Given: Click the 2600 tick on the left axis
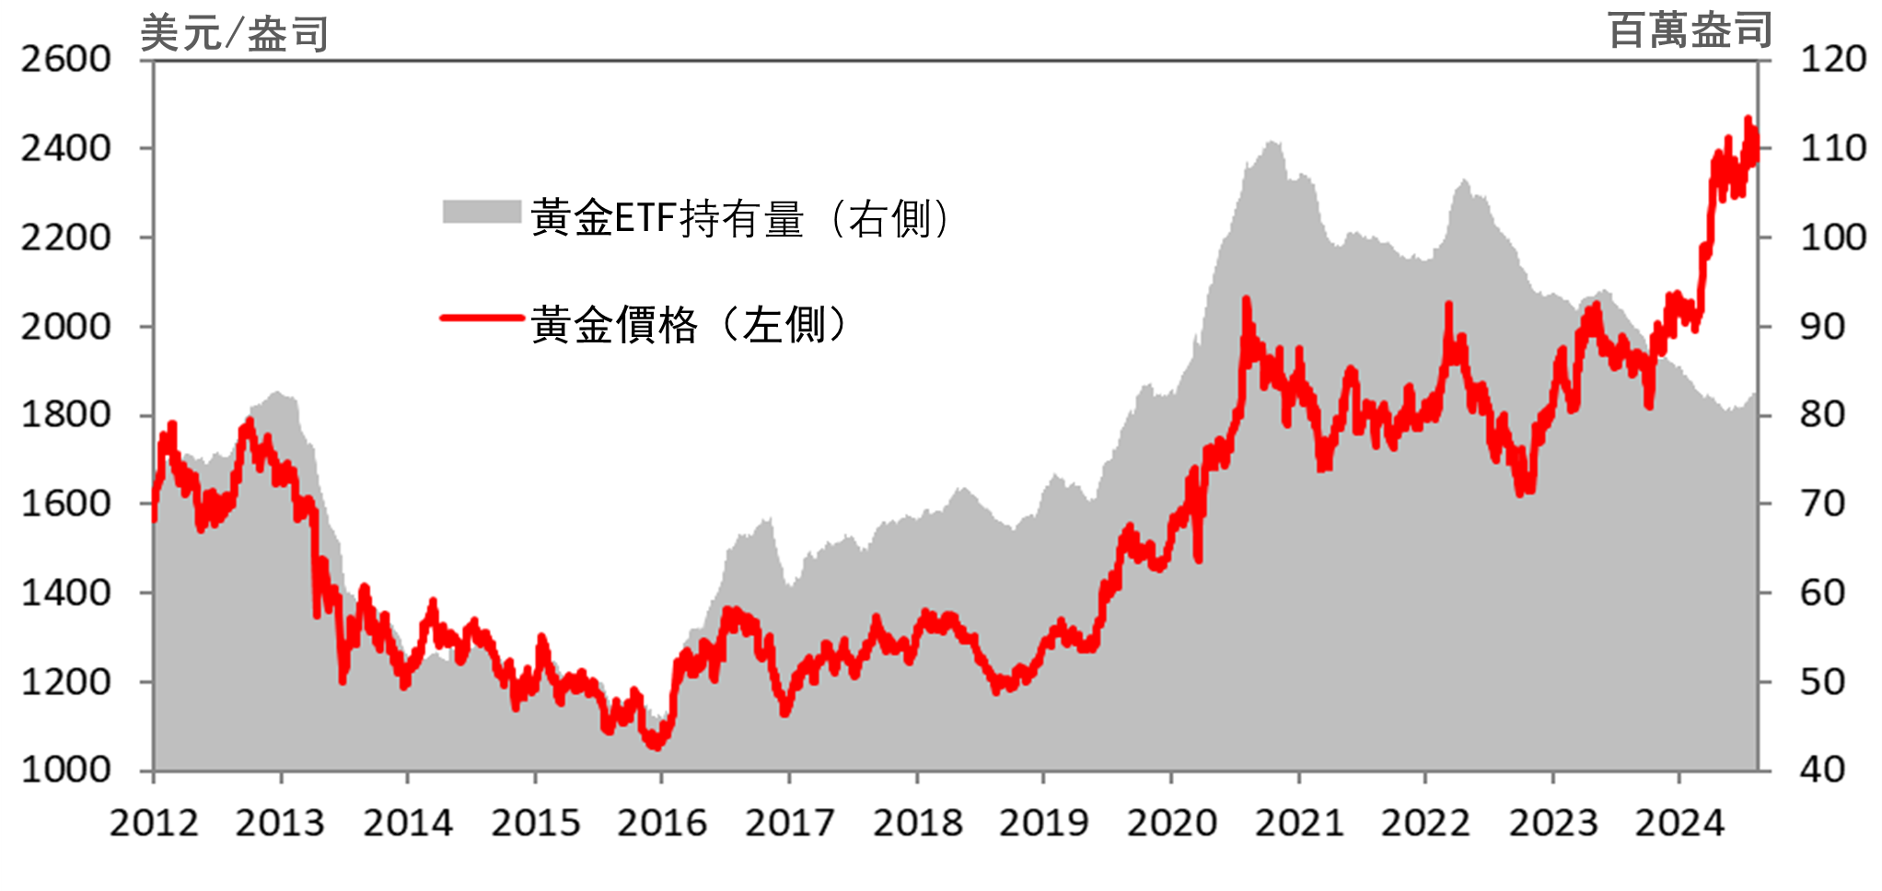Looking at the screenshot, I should click(x=65, y=60).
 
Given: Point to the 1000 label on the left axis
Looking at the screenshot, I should click(x=65, y=769).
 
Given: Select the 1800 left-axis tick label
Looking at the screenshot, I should click(x=65, y=415).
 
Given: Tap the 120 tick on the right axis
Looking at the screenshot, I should click(x=1833, y=60).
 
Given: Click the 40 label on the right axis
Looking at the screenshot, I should click(x=1822, y=769).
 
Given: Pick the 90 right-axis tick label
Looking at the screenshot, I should click(x=1822, y=327).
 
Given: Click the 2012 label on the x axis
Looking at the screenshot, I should click(x=154, y=823).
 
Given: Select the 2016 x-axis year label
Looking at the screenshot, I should click(x=662, y=823).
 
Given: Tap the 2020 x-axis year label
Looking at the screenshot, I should click(x=1171, y=823).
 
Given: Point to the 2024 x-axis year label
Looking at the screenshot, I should click(x=1679, y=823).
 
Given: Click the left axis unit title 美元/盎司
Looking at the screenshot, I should click(x=234, y=34).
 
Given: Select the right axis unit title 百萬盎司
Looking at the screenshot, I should click(x=1690, y=30).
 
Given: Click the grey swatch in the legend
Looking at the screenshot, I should click(x=482, y=212).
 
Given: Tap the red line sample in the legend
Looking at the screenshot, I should click(x=482, y=318).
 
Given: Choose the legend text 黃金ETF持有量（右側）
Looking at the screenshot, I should click(x=741, y=219).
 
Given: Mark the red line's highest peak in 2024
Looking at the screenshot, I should click(x=1748, y=119).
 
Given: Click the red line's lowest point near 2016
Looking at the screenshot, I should click(x=656, y=746).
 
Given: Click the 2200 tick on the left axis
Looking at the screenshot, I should click(x=65, y=237).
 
